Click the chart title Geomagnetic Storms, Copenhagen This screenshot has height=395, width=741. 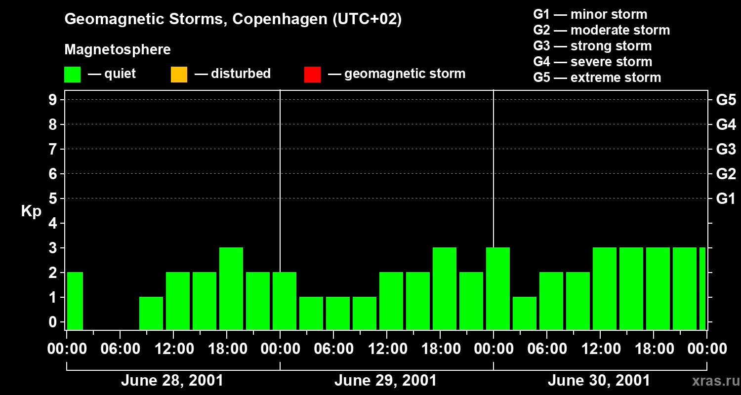tap(233, 19)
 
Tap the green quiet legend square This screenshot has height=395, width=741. tap(72, 74)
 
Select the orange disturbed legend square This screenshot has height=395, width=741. tap(179, 74)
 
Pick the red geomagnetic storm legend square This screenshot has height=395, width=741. tap(312, 74)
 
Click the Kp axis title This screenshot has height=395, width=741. tap(31, 211)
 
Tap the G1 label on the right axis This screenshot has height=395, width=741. tap(726, 198)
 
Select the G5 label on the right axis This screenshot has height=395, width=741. tap(726, 100)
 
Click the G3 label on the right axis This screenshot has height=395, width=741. tap(726, 149)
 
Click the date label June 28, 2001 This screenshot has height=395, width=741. tap(172, 381)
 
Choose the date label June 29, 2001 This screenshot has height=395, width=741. tap(385, 381)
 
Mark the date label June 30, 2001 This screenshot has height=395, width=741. tap(599, 381)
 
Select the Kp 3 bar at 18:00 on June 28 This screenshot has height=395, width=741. tap(231, 288)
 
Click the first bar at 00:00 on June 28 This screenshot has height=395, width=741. tap(75, 301)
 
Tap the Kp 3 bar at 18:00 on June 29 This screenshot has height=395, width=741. tap(445, 288)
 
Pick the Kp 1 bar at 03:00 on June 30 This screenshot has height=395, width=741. tap(525, 313)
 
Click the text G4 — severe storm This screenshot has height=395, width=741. tap(592, 62)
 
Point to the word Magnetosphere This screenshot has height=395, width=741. tap(118, 50)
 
